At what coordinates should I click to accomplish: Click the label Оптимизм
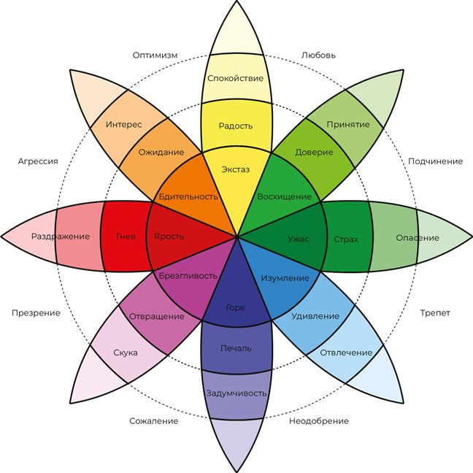pyautogui.click(x=155, y=55)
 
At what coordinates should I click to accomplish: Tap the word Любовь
pyautogui.click(x=318, y=55)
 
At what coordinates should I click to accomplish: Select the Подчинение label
pyautogui.click(x=435, y=161)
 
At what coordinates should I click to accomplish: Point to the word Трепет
pyautogui.click(x=435, y=313)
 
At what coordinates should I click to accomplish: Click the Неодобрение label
pyautogui.click(x=318, y=421)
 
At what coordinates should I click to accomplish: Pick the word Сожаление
pyautogui.click(x=154, y=421)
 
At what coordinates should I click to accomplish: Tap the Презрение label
pyautogui.click(x=36, y=313)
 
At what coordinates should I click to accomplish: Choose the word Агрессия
pyautogui.click(x=38, y=161)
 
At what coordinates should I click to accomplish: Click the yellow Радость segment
pyautogui.click(x=236, y=126)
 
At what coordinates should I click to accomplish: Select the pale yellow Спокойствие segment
pyautogui.click(x=236, y=78)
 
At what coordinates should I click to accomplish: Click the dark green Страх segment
pyautogui.click(x=346, y=238)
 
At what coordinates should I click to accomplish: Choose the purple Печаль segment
pyautogui.click(x=236, y=348)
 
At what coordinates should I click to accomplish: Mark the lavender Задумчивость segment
pyautogui.click(x=236, y=394)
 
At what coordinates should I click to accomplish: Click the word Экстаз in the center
pyautogui.click(x=236, y=169)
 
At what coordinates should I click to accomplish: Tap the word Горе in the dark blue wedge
pyautogui.click(x=236, y=307)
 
